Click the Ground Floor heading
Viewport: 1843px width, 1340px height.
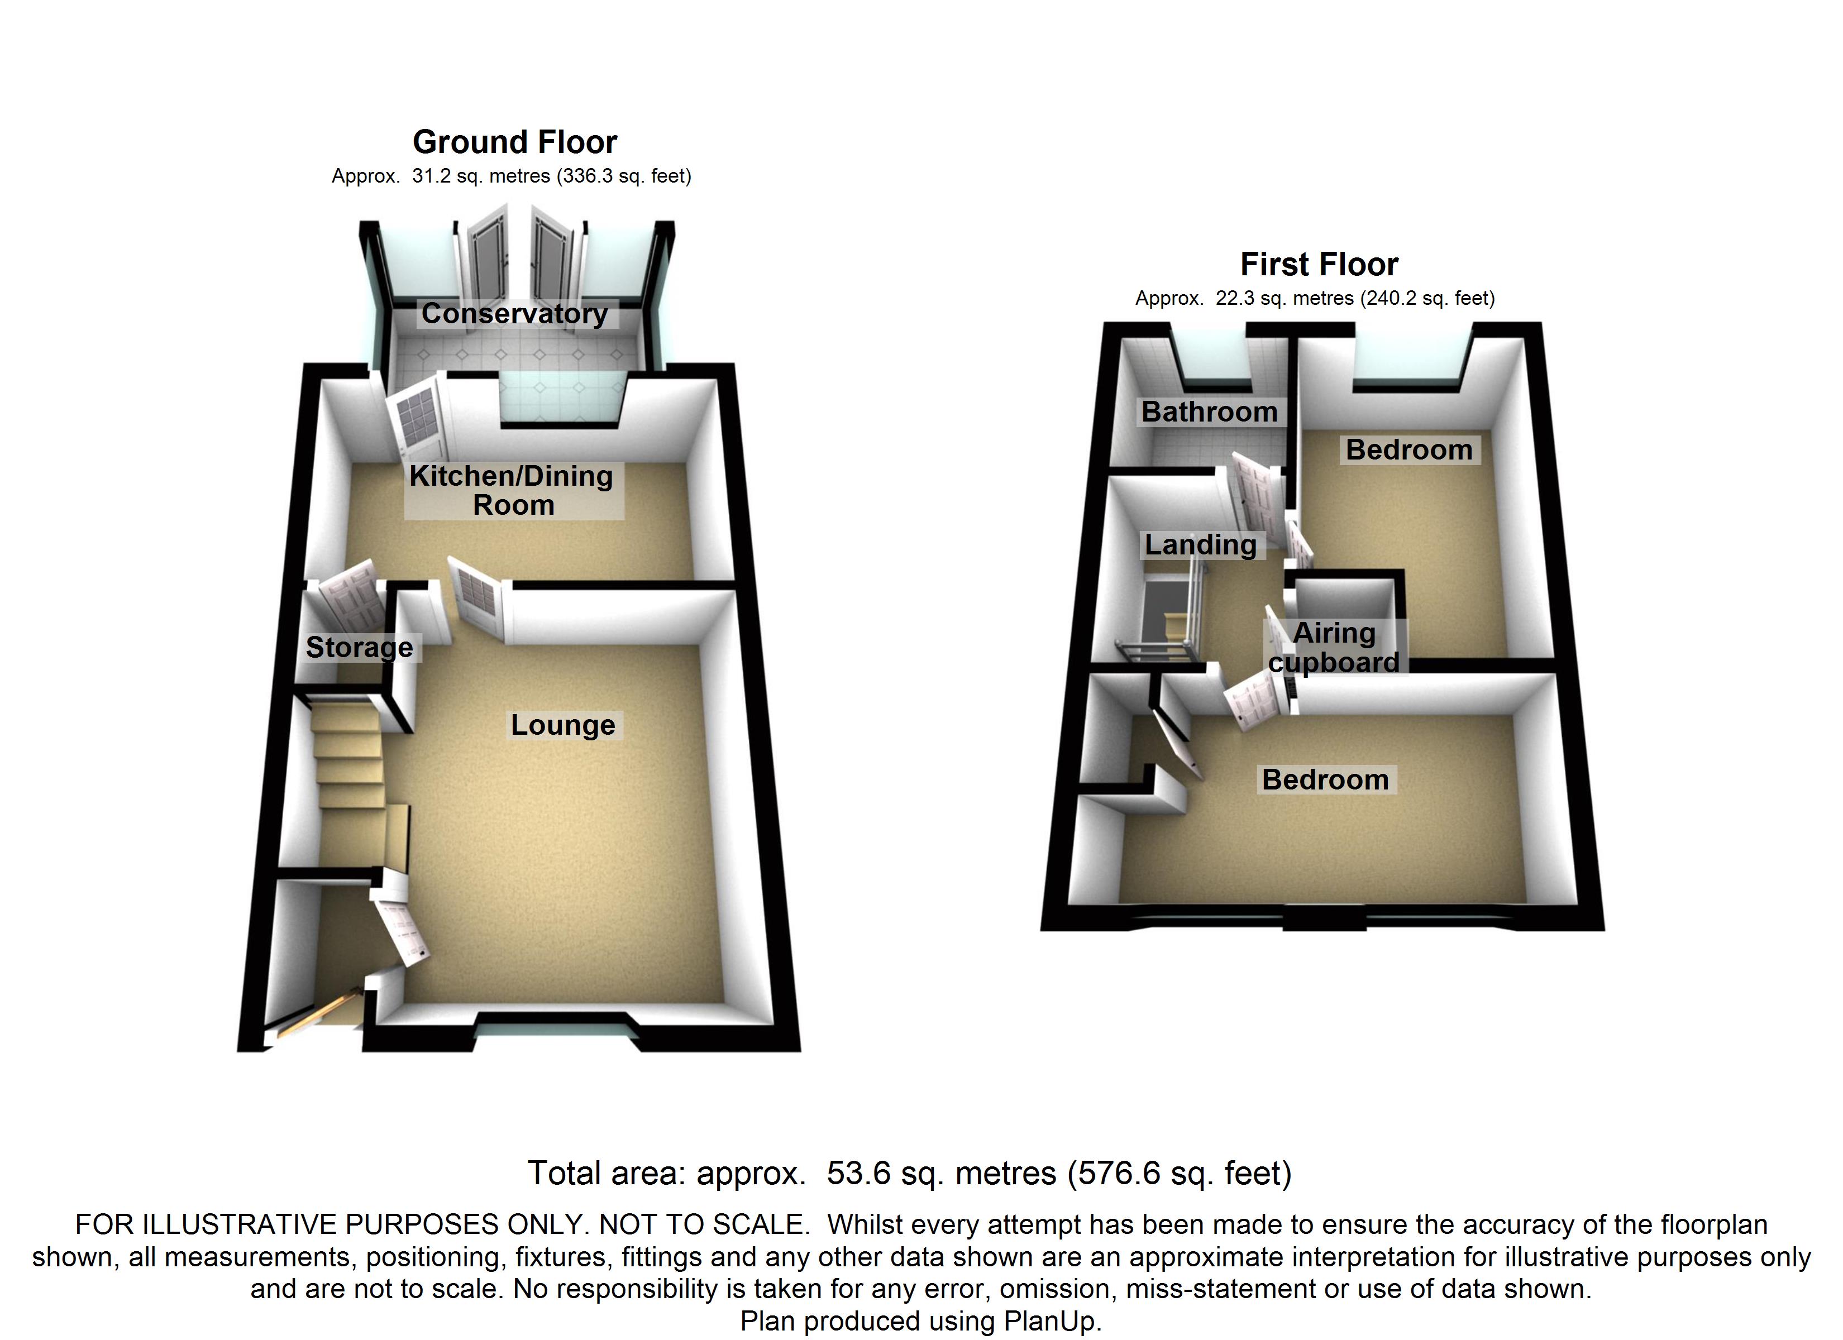(x=514, y=142)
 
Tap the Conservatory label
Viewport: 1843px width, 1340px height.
(x=514, y=314)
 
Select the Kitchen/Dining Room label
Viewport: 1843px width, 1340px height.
(x=512, y=490)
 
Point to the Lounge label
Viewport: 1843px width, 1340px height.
(x=562, y=725)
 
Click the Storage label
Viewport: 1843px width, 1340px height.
(x=359, y=648)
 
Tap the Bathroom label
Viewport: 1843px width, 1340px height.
(x=1209, y=412)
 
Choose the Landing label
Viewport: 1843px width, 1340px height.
(x=1200, y=544)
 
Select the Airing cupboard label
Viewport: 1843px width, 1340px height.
(x=1334, y=648)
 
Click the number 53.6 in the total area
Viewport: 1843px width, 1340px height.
(x=860, y=1174)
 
